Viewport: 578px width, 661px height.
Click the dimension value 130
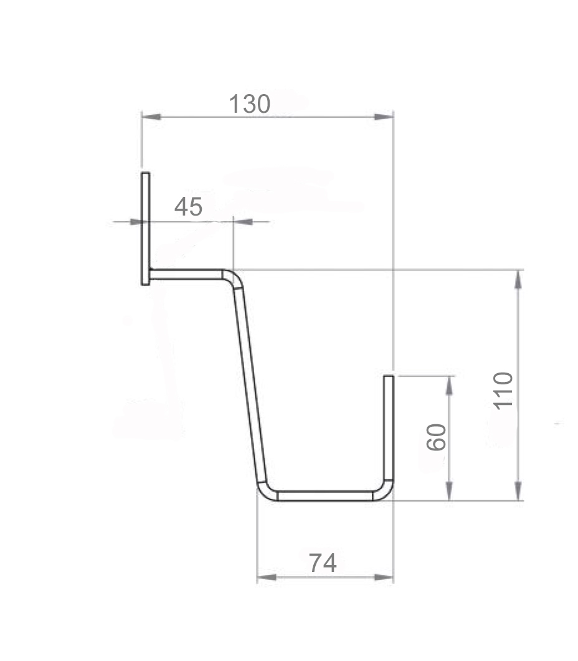click(x=249, y=104)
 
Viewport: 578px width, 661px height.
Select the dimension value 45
click(x=188, y=207)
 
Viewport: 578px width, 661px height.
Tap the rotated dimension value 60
click(x=437, y=437)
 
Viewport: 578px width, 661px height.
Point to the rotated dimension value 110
click(x=503, y=390)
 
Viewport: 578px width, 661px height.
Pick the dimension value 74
click(x=323, y=563)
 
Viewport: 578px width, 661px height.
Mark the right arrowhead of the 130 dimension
click(x=384, y=117)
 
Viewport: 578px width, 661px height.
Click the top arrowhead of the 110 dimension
click(x=518, y=278)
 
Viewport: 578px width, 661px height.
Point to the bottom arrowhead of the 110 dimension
click(x=518, y=492)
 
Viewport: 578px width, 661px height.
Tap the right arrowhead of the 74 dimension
click(x=385, y=578)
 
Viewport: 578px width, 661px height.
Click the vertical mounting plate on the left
click(x=145, y=229)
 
